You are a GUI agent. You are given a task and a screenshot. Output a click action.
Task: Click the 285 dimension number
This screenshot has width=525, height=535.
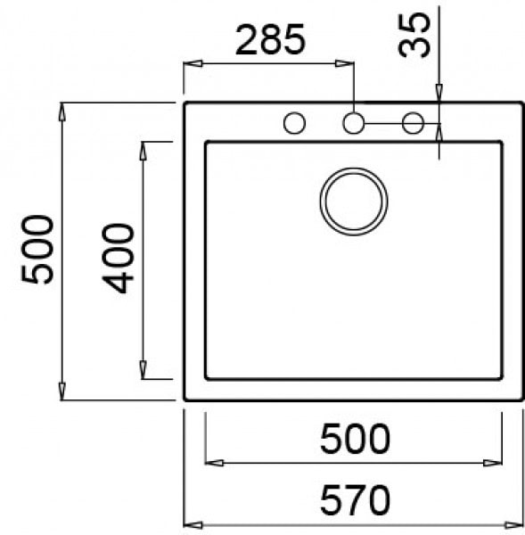(x=270, y=39)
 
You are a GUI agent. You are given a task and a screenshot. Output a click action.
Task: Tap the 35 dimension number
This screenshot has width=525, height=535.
(x=414, y=35)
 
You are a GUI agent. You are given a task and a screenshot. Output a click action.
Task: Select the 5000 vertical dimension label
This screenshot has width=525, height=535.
(x=37, y=249)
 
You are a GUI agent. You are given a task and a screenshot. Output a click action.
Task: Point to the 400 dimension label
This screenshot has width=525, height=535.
(x=118, y=258)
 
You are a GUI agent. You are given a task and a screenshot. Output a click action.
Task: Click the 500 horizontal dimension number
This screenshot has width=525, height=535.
(x=355, y=439)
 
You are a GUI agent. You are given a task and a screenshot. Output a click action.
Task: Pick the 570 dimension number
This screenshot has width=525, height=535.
(x=355, y=500)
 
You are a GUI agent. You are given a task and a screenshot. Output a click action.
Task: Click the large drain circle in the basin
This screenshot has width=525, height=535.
(x=354, y=202)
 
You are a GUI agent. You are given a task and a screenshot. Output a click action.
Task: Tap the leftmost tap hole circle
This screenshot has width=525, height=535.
(x=294, y=123)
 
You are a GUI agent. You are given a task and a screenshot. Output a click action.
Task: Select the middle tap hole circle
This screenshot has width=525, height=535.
(x=353, y=123)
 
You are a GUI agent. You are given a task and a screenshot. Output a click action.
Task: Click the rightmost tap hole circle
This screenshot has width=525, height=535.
(x=413, y=123)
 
